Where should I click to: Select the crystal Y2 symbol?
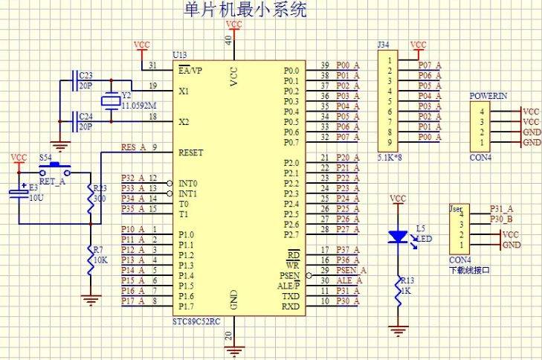tap(112, 102)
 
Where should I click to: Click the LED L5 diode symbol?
tap(399, 237)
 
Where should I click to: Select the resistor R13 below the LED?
tap(399, 289)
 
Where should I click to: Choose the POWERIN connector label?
tap(488, 97)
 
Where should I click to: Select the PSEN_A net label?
tap(352, 270)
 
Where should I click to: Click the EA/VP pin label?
tap(190, 71)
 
